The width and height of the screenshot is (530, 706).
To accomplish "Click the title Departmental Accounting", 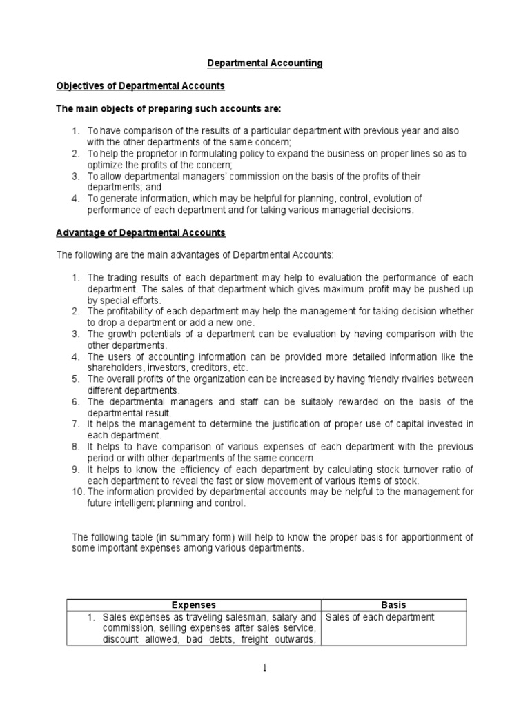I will point(266,63).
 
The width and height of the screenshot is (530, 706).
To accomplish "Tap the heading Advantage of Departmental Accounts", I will point(141,233).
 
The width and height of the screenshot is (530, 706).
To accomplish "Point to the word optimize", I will point(104,165).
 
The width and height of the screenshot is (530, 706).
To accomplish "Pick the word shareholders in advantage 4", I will point(113,367).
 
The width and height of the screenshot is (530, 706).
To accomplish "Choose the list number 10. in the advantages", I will point(77,492).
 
